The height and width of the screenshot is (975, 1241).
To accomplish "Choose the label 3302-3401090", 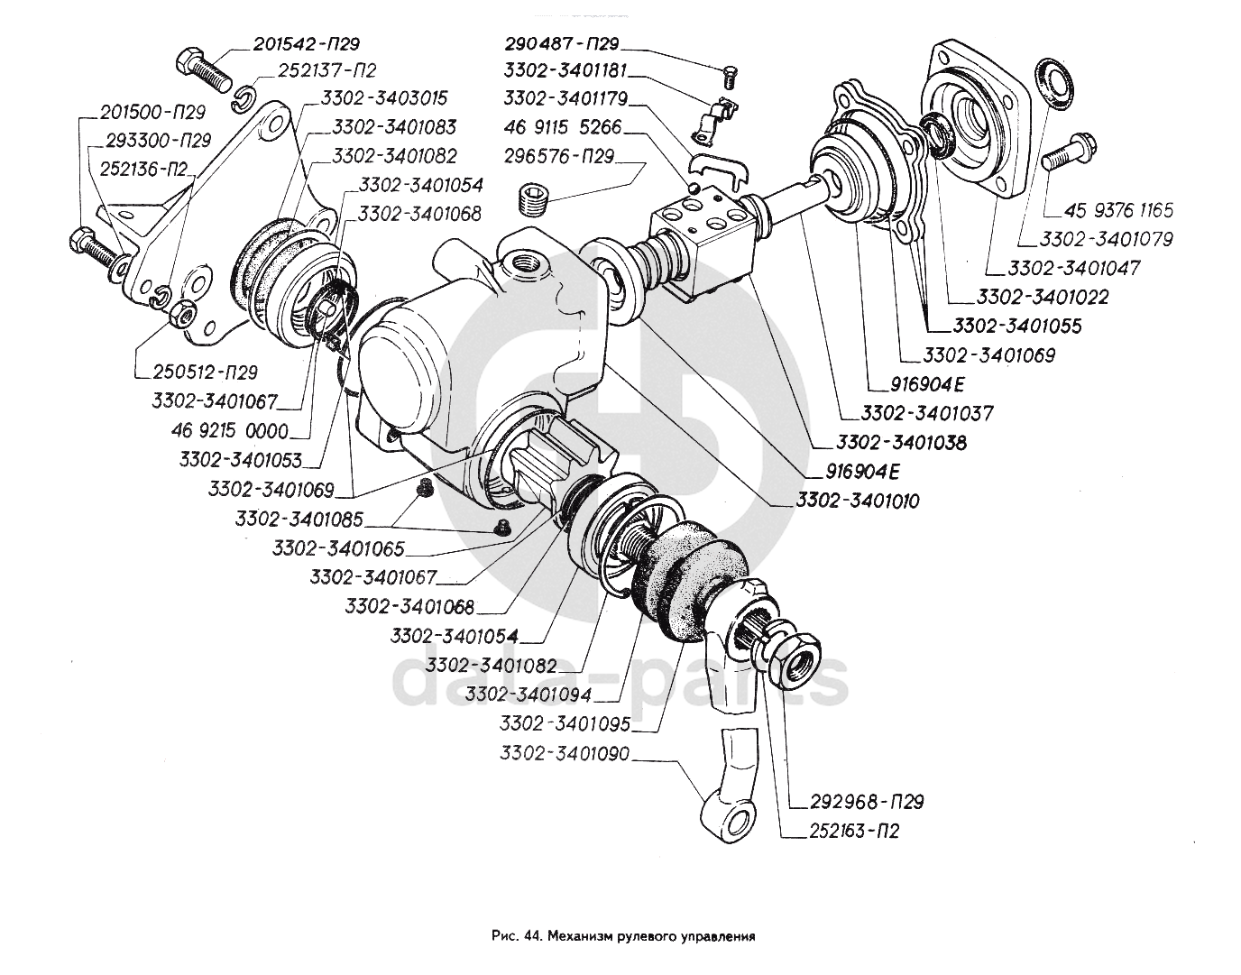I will pyautogui.click(x=565, y=753).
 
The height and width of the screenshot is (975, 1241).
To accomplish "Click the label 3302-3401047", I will pyautogui.click(x=1074, y=268).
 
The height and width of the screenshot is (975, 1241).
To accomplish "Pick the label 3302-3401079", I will pyautogui.click(x=1106, y=239).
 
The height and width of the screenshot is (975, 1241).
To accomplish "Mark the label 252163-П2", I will pyautogui.click(x=841, y=831).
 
